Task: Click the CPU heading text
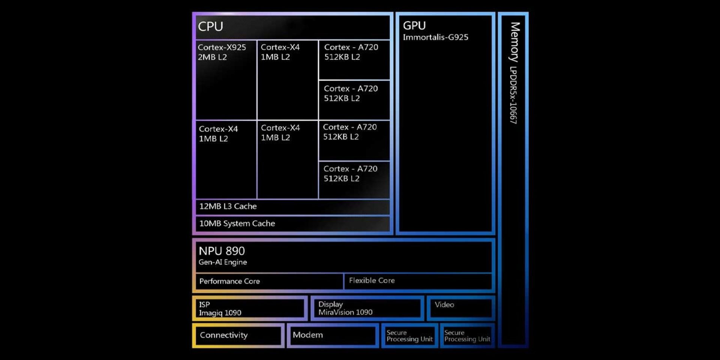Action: tap(210, 27)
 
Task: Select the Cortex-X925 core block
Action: tap(226, 79)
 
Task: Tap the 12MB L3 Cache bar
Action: tap(292, 207)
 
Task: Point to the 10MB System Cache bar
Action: tap(292, 224)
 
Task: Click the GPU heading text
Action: tap(414, 25)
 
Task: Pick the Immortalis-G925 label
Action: tap(435, 37)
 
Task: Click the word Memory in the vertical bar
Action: tap(515, 42)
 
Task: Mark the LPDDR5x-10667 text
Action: tap(513, 95)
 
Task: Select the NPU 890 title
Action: tap(222, 251)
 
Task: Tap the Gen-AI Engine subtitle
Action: tap(223, 262)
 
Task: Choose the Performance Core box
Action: tap(269, 281)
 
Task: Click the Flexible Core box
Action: tap(418, 281)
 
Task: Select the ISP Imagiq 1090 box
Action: tap(250, 309)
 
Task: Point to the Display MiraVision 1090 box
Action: tap(367, 308)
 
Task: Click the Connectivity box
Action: tap(238, 335)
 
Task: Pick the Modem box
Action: tap(333, 335)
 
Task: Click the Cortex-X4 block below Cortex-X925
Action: tap(226, 159)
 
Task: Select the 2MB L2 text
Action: tap(212, 57)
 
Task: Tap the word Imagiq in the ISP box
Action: tap(210, 313)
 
